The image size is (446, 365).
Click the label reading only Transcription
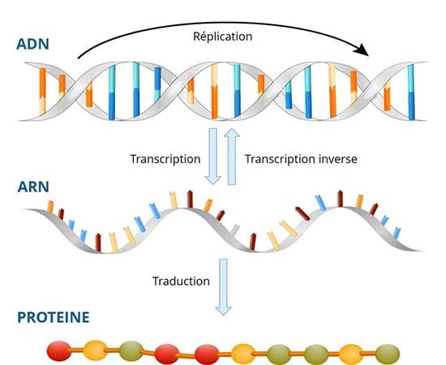165,158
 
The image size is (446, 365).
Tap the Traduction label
182,281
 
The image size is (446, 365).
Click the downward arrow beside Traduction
224,288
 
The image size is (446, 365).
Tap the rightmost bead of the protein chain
388,354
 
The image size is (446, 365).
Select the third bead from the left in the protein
131,352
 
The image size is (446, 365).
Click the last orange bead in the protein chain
351,354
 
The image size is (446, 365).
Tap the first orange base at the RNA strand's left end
50,207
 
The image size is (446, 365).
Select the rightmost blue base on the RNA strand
396,233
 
